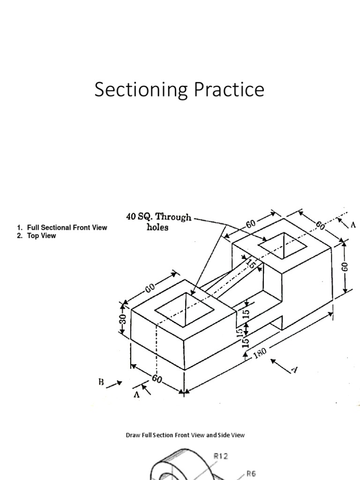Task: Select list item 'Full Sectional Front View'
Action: pyautogui.click(x=67, y=228)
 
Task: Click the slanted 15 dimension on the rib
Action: pyautogui.click(x=252, y=264)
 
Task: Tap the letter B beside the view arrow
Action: pyautogui.click(x=101, y=382)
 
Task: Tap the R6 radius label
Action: pyautogui.click(x=252, y=474)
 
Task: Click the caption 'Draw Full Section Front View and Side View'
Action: pyautogui.click(x=185, y=435)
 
